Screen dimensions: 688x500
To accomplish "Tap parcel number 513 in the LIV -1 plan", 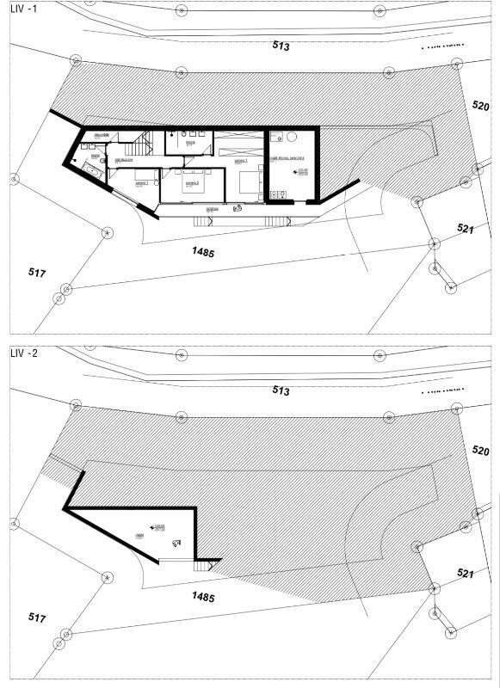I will click(x=281, y=46).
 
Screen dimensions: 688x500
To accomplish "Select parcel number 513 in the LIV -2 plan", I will click(x=281, y=390).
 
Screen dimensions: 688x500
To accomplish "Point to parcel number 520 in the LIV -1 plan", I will click(x=480, y=106).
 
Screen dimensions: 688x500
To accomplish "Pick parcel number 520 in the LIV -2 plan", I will click(x=480, y=451).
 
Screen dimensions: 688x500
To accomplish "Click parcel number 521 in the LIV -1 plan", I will click(x=466, y=229).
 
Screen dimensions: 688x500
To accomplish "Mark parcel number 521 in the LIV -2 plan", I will click(x=466, y=574).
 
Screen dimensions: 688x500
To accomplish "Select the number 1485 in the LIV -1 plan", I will click(x=202, y=252).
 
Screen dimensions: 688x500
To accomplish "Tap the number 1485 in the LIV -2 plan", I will click(x=202, y=597).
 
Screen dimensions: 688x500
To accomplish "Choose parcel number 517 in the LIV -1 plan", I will click(x=36, y=273).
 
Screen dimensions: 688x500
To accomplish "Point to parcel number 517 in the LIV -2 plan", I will click(x=36, y=617).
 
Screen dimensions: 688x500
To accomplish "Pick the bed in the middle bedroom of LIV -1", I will click(x=191, y=182).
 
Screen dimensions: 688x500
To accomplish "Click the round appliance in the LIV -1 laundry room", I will click(x=290, y=138).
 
